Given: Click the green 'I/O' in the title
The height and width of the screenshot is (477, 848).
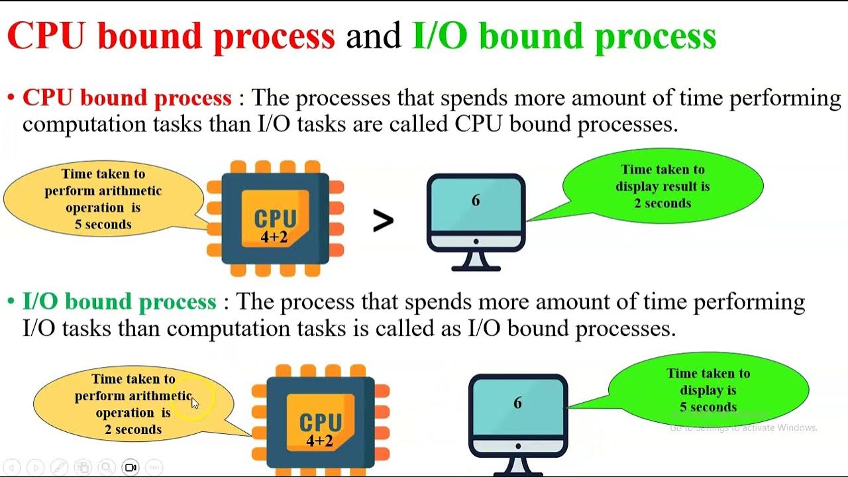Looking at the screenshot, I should (x=439, y=36).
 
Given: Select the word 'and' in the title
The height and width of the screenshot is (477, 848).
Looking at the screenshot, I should (x=374, y=36).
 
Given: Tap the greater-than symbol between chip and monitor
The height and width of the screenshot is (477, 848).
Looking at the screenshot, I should (x=383, y=221).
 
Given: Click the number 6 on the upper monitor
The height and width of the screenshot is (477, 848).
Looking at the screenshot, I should (x=476, y=201).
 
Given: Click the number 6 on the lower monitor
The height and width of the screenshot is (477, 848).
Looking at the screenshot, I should (x=517, y=403).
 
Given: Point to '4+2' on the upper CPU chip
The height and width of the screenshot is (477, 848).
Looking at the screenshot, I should (x=274, y=237).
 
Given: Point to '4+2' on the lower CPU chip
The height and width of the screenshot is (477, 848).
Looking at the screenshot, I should (x=319, y=440).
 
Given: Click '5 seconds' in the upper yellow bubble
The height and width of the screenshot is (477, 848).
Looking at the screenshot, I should (x=103, y=225).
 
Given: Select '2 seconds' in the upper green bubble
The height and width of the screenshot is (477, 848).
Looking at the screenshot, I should (x=662, y=203).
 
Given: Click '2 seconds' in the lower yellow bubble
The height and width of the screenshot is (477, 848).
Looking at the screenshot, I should (x=133, y=429).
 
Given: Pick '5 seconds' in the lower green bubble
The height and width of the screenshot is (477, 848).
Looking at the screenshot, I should (x=708, y=407).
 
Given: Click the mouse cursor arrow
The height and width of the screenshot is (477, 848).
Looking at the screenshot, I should (x=195, y=402).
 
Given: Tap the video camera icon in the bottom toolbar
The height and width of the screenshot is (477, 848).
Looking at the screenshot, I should (x=131, y=467).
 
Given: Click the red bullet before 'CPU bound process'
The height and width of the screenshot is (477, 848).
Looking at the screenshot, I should (x=11, y=98).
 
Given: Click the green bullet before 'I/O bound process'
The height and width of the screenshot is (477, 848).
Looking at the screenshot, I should (x=11, y=302).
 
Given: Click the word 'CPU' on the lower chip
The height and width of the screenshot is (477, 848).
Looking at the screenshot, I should (x=320, y=422).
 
